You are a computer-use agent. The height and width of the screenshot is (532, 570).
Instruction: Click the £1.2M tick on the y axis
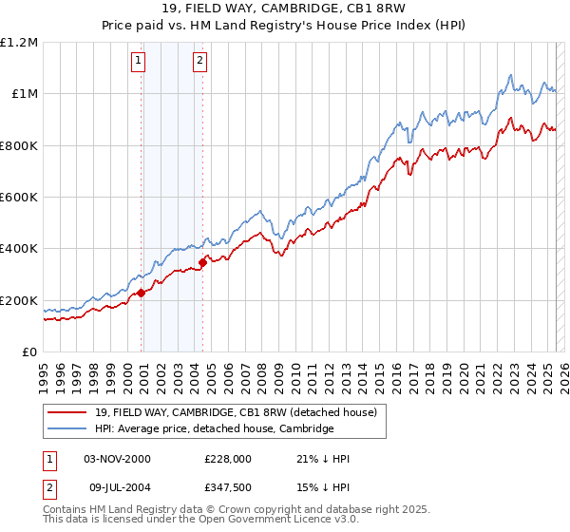[19, 43]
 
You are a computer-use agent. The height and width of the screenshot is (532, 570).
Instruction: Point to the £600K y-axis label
[19, 198]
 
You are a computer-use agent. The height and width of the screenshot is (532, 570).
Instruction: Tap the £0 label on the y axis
[30, 352]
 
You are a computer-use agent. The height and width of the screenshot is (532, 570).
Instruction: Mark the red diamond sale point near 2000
[142, 293]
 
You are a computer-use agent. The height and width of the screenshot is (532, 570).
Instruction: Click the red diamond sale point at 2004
[202, 262]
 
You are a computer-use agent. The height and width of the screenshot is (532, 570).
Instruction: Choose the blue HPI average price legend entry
[214, 428]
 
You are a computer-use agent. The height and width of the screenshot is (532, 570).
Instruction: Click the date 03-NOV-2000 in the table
[117, 459]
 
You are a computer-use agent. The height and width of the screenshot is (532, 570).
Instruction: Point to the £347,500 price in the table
[227, 487]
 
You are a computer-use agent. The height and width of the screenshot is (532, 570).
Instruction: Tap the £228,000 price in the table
[227, 459]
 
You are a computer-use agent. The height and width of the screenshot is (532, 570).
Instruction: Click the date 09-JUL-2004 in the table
[117, 487]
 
